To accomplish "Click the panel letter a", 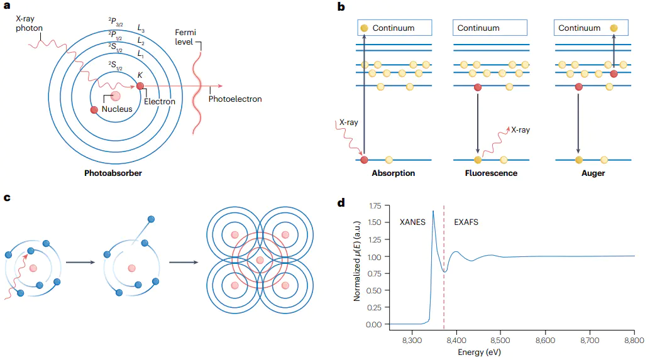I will (x=8, y=7).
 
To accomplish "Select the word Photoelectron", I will (x=235, y=99).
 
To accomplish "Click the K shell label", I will (x=140, y=75).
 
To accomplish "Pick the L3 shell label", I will (x=142, y=28).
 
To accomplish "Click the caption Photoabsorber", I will (x=113, y=173).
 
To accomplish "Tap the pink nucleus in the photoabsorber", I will (x=115, y=96).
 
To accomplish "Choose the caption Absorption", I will (x=394, y=173).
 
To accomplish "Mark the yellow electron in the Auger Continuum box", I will (x=614, y=28).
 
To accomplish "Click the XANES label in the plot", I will (x=413, y=223).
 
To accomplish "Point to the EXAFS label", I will (x=466, y=223).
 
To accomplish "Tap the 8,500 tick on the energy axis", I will (x=500, y=339).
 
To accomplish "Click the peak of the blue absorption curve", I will (x=433, y=211).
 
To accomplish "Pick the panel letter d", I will (x=341, y=203).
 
